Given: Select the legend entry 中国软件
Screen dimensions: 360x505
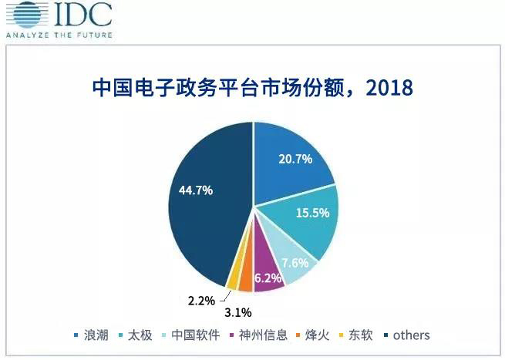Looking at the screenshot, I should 197,335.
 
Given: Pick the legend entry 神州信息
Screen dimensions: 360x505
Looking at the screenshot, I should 264,335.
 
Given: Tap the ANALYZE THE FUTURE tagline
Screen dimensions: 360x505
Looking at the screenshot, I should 58,35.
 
